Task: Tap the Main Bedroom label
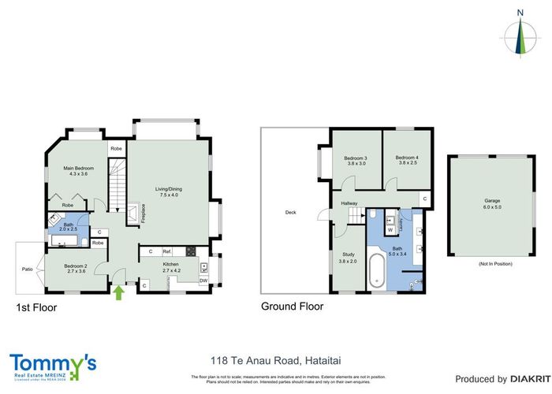pyautogui.click(x=79, y=167)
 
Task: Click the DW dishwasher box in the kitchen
pyautogui.click(x=203, y=280)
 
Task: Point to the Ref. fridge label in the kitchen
pyautogui.click(x=167, y=251)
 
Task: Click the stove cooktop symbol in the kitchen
pyautogui.click(x=190, y=251)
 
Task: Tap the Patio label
pyautogui.click(x=28, y=269)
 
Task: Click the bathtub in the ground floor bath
pyautogui.click(x=378, y=268)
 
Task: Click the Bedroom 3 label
pyautogui.click(x=356, y=158)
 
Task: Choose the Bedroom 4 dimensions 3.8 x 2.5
pyautogui.click(x=406, y=164)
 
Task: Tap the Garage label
pyautogui.click(x=482, y=200)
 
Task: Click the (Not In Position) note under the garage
pyautogui.click(x=482, y=263)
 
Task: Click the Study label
pyautogui.click(x=348, y=255)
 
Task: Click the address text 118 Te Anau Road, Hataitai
pyautogui.click(x=275, y=360)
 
